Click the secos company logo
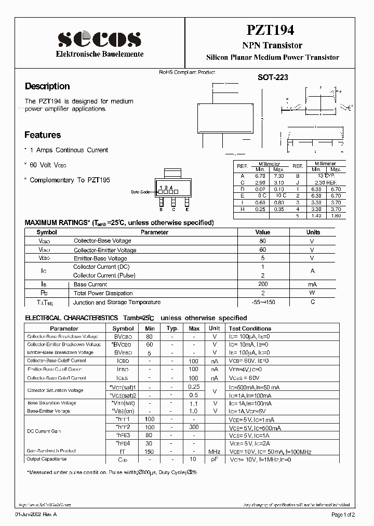pos(99,39)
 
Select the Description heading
pos(47,86)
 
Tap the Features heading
pos(43,135)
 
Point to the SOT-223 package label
pos(273,77)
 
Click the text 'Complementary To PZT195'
pos(70,180)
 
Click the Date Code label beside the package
pos(140,192)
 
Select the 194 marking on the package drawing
pos(166,187)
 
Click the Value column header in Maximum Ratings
pos(263,232)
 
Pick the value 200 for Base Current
pos(263,284)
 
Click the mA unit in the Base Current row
pos(312,284)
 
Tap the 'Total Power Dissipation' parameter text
pos(103,293)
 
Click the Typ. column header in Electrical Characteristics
pos(172,328)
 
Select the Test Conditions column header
pos(250,328)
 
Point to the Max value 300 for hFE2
pos(194,427)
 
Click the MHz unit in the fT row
pos(214,451)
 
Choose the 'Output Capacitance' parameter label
pos(47,459)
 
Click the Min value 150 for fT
pos(150,451)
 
